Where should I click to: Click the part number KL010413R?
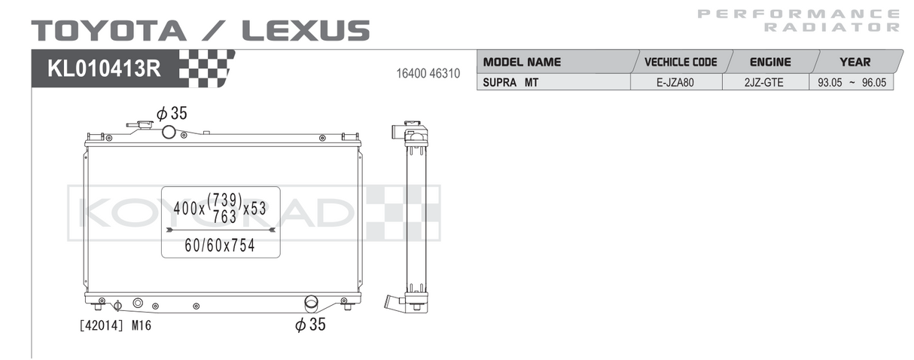(104, 69)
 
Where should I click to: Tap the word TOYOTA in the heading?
(109, 31)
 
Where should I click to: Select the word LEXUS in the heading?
(306, 31)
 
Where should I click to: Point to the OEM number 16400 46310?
(428, 74)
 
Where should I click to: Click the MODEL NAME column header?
(522, 62)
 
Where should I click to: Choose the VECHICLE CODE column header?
(681, 62)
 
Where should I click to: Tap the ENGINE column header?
(770, 62)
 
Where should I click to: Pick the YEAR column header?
(855, 62)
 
